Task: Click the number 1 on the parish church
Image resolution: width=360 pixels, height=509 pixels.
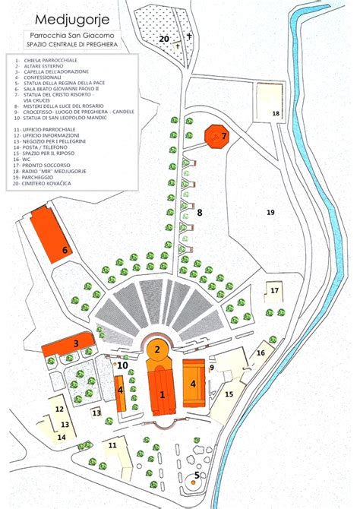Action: (x=162, y=395)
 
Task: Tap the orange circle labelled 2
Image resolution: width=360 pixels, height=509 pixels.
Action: (x=157, y=349)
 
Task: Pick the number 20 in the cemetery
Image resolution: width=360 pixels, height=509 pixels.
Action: (x=163, y=38)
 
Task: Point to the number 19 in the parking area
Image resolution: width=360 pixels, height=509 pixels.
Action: (x=270, y=213)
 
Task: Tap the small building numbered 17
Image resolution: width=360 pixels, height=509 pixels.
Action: (x=274, y=290)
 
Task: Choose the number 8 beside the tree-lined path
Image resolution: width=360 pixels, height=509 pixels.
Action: (x=200, y=213)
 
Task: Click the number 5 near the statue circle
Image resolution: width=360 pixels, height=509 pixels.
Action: (x=196, y=476)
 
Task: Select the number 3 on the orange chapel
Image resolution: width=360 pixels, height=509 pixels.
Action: (x=75, y=343)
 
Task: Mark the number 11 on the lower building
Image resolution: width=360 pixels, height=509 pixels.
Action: (x=112, y=445)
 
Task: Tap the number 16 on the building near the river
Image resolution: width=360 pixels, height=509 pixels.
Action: (x=260, y=353)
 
